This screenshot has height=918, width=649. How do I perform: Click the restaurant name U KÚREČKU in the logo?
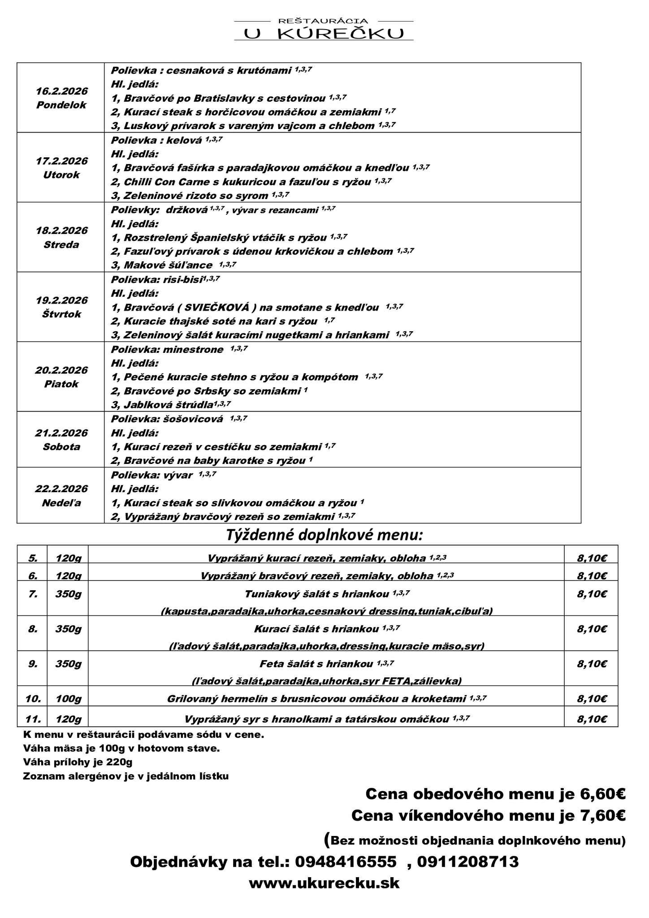click(324, 33)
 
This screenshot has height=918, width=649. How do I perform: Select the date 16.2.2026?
click(61, 91)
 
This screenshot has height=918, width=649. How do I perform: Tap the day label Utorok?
click(61, 175)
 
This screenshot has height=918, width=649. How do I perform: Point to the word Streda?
click(61, 245)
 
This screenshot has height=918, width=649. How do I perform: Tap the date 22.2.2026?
click(61, 489)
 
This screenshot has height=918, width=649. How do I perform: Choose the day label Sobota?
click(61, 447)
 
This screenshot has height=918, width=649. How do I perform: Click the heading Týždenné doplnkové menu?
click(324, 535)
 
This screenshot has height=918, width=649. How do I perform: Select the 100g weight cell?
click(68, 698)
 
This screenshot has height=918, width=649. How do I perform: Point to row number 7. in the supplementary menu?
click(32, 594)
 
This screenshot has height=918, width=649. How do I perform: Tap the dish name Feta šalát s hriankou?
click(316, 664)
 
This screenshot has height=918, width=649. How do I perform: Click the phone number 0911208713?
click(468, 862)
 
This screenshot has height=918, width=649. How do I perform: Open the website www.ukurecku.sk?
click(324, 883)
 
